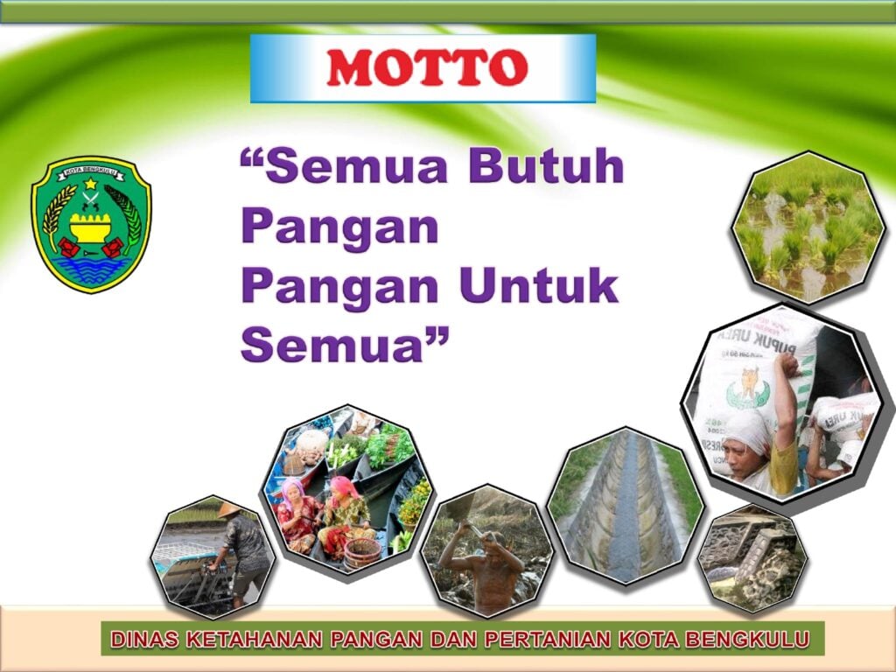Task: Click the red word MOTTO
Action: point(427,67)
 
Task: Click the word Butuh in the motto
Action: point(546,166)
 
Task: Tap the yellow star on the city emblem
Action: point(90,184)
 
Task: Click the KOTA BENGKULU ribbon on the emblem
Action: point(91,171)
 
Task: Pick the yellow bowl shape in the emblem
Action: point(90,228)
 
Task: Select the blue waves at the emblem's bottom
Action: point(91,268)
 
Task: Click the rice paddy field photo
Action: point(808,227)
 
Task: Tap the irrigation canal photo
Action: point(626,506)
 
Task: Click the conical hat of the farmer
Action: point(228,509)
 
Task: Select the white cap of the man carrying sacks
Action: point(747,430)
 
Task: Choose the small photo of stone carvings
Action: point(752,559)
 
